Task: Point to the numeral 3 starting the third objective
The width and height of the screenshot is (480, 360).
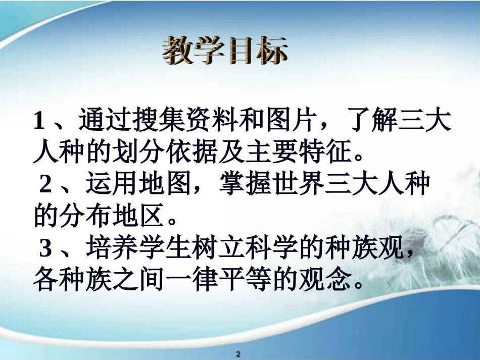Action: tap(46, 248)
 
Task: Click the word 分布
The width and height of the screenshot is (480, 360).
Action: tap(86, 216)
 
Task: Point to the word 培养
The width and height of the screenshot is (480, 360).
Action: tap(113, 248)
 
